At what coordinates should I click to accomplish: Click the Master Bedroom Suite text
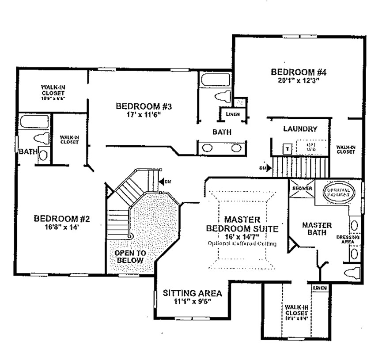click(242, 224)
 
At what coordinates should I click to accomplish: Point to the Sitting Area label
click(192, 293)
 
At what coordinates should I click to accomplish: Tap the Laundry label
click(300, 129)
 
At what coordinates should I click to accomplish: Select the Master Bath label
click(317, 228)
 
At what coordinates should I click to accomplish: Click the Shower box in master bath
click(302, 189)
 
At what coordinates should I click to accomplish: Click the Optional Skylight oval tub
click(338, 192)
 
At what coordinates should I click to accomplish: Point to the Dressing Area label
click(348, 239)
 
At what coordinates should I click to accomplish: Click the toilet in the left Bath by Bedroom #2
click(41, 138)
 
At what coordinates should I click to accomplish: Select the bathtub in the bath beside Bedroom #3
click(215, 81)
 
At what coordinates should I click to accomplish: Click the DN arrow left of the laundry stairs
click(263, 168)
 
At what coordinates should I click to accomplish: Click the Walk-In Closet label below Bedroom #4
click(345, 149)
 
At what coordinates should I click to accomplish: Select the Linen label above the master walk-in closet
click(320, 288)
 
